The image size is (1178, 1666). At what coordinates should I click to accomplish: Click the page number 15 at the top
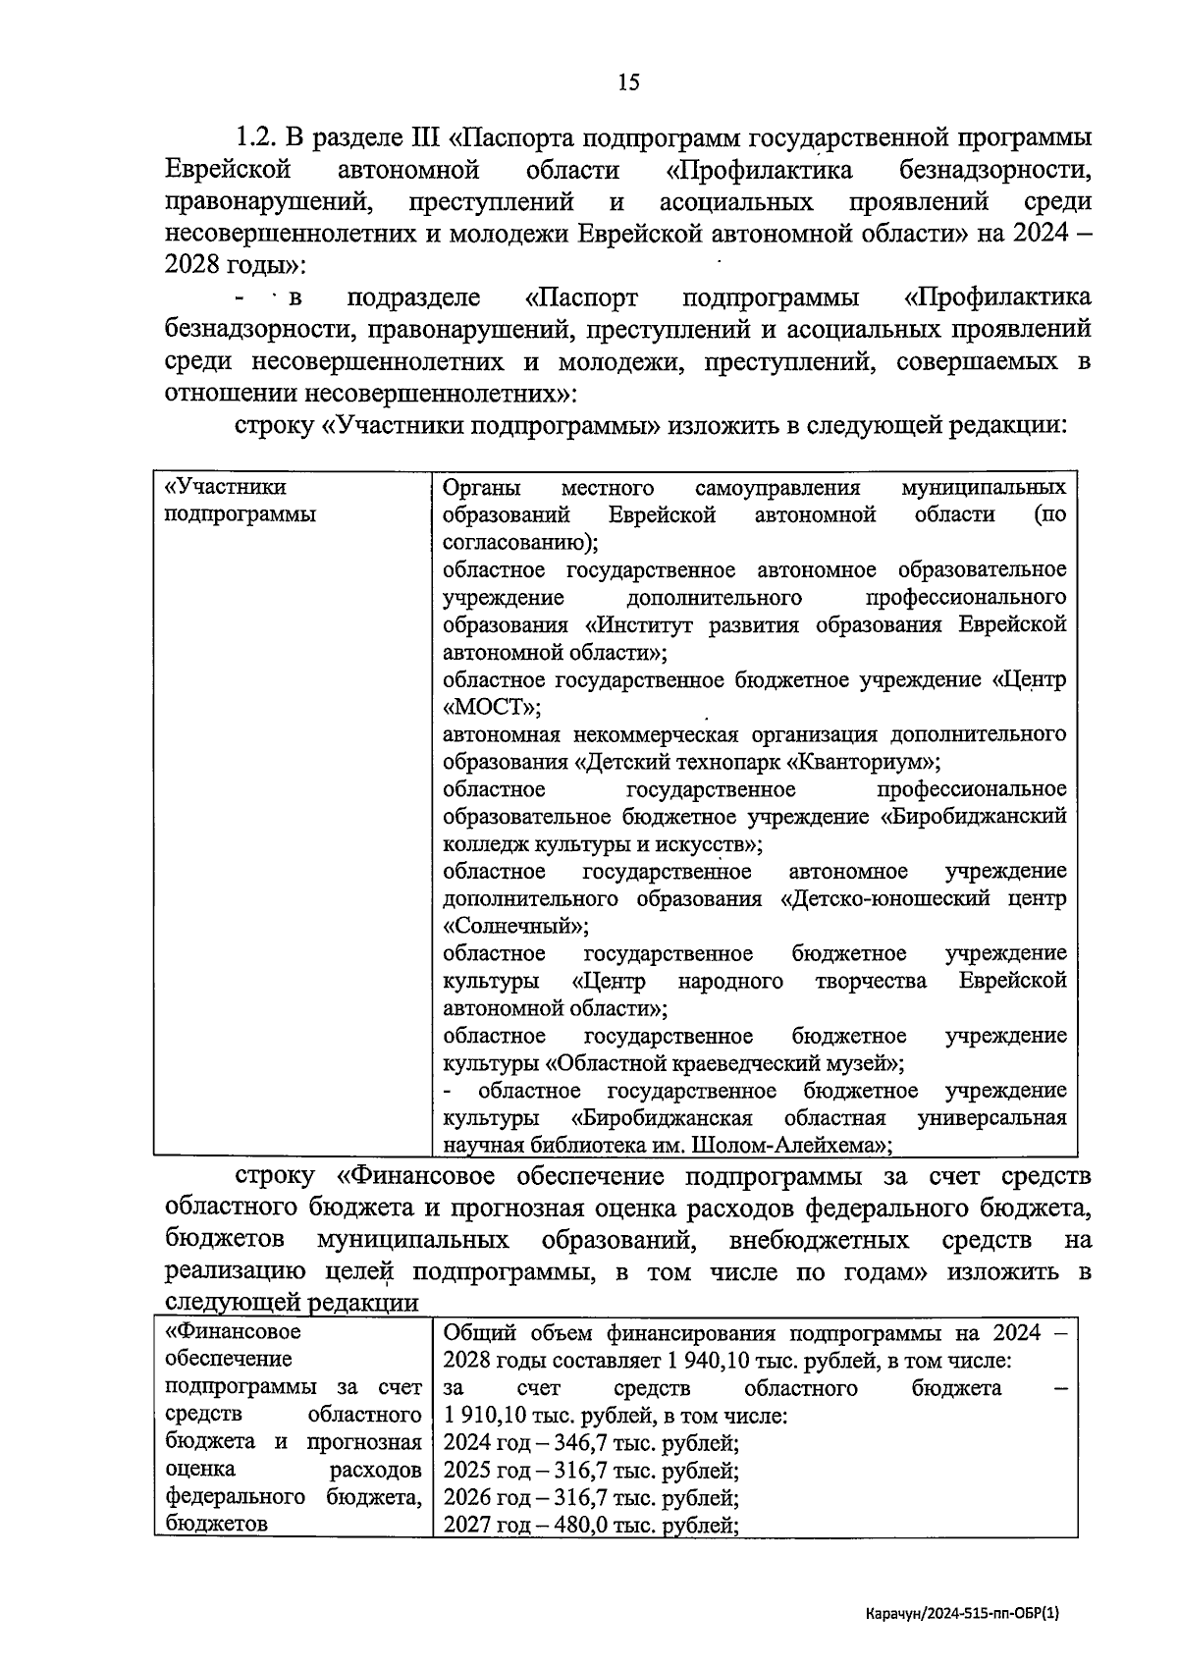tap(628, 82)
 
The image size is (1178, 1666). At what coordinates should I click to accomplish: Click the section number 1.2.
tap(259, 137)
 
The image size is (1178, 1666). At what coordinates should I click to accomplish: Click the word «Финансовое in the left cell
tap(234, 1332)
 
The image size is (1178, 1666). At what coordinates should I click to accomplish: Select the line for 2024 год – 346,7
tap(591, 1443)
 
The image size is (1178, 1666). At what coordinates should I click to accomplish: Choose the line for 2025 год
tap(591, 1471)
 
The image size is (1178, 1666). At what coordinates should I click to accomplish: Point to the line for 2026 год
tap(591, 1498)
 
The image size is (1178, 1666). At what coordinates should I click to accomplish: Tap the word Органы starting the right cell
tap(482, 488)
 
